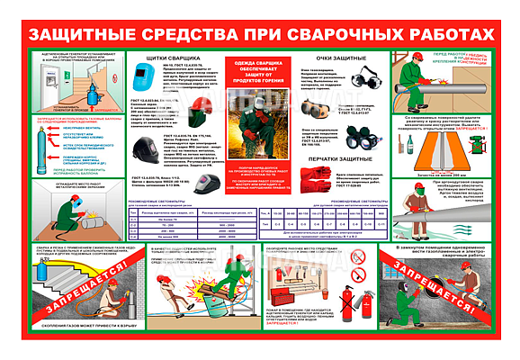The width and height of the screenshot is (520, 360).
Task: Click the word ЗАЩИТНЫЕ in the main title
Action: point(85,34)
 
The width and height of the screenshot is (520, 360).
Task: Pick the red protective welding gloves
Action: point(310,178)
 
